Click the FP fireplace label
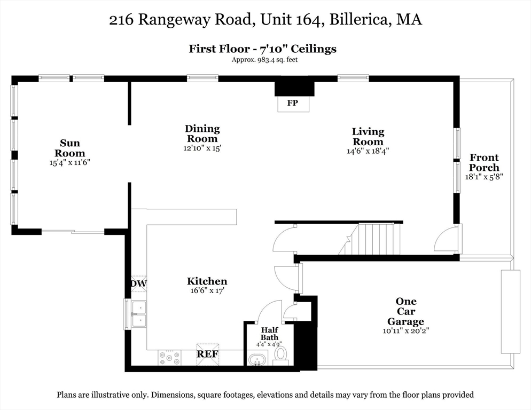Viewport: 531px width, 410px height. point(292,104)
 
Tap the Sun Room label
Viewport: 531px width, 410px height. point(70,148)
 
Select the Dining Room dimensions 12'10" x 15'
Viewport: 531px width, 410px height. point(202,148)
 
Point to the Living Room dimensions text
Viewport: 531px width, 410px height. point(368,151)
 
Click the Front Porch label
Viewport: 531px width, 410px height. point(484,162)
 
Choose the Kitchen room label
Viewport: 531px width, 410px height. point(207,281)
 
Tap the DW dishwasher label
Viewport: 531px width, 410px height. point(139,283)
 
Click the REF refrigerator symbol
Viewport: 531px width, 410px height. point(207,353)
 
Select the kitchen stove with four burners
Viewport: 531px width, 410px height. point(169,358)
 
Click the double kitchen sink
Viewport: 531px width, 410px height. point(139,314)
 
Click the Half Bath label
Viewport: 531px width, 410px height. point(269,334)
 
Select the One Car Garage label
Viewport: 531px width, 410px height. point(406,312)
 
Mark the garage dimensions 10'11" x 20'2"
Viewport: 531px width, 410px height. point(406,331)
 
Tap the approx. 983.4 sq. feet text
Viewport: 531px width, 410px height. point(264,60)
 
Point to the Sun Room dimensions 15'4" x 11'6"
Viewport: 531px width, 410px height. point(70,162)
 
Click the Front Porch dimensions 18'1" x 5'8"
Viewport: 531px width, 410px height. point(484,176)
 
